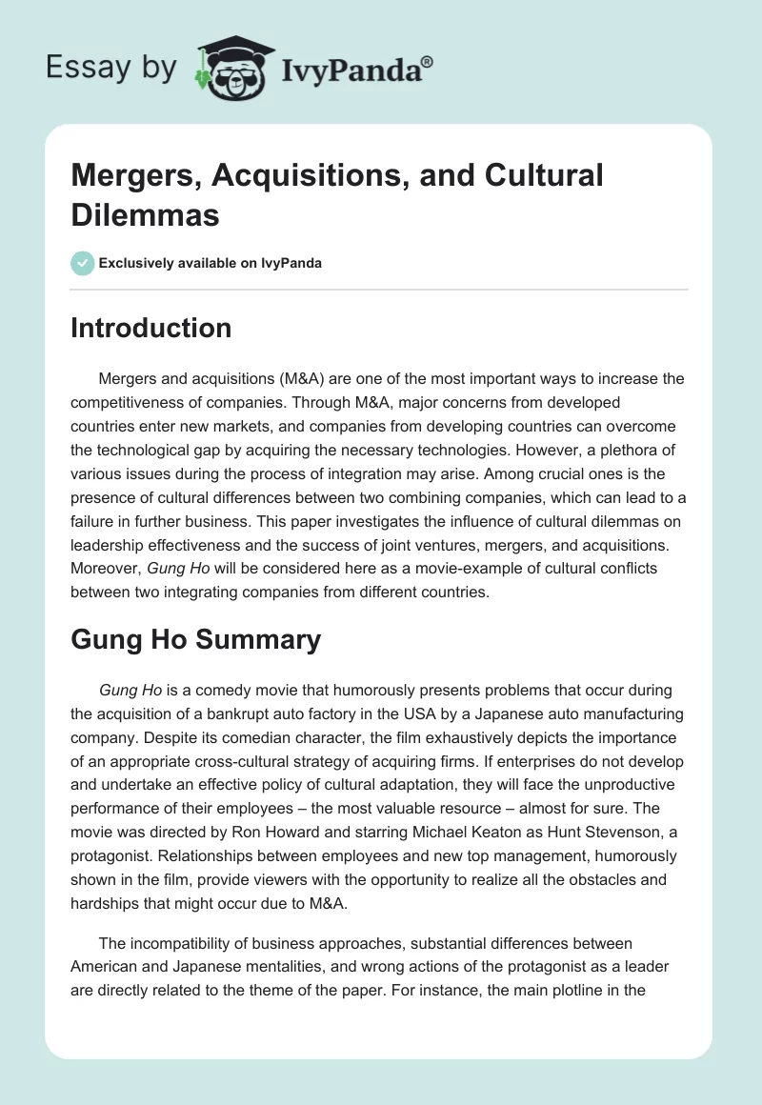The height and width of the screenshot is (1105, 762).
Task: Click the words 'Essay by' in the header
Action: coord(110,68)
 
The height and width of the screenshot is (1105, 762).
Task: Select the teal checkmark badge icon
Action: coord(83,262)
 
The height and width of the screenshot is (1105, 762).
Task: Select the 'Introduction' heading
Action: coord(151,328)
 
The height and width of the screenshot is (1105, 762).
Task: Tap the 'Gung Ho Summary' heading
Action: coord(196,639)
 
